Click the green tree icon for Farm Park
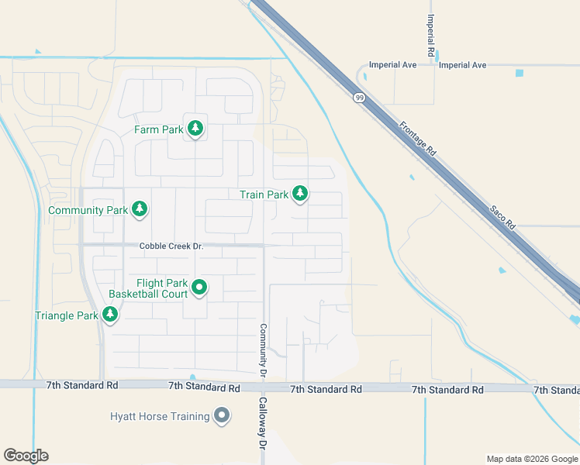coord(195,129)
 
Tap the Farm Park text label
coord(158,129)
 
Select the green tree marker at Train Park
coord(300,194)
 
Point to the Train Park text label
coord(264,195)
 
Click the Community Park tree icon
coord(140,208)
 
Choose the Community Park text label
coord(87,210)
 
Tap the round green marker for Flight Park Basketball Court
coord(199,288)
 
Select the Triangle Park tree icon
coord(111,314)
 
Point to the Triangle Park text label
coord(67,315)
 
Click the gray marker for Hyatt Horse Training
coord(223,416)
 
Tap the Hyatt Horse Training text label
coord(159,417)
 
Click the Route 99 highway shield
coord(359,98)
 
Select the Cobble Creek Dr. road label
coord(171,246)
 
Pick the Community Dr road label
coord(264,350)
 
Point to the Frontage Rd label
coord(419,139)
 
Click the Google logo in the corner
coord(26,455)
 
